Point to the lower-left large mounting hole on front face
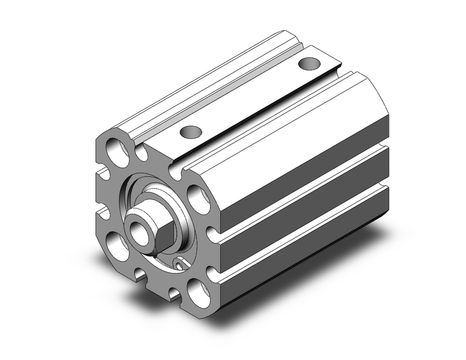pyautogui.click(x=116, y=246)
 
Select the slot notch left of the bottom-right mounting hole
pyautogui.click(x=173, y=293)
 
